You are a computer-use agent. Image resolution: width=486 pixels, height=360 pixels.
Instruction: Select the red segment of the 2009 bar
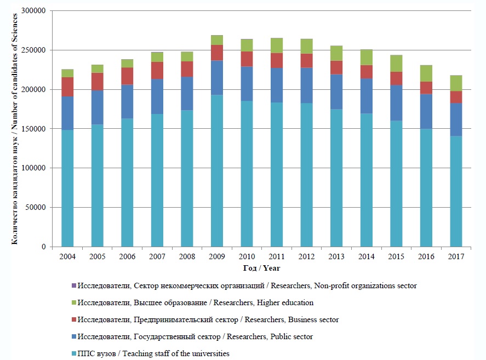point(217,53)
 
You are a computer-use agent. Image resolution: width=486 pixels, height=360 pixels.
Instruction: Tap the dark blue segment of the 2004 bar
point(67,113)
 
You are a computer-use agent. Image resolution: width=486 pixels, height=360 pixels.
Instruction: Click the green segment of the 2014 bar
point(366,58)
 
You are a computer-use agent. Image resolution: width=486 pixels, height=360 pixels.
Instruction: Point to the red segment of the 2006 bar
point(127,76)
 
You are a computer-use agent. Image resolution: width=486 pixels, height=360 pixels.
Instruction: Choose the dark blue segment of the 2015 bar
point(396,102)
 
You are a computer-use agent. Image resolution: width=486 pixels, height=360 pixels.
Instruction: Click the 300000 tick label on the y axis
point(33,11)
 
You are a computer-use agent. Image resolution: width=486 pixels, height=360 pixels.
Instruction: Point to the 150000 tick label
point(33,129)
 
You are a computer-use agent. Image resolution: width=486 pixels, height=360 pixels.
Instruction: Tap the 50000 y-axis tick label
point(35,208)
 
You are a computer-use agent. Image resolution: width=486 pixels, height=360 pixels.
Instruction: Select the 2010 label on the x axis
point(247,256)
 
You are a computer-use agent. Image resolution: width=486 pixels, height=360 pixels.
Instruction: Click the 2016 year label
point(426,256)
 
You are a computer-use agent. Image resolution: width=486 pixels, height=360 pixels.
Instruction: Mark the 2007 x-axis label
point(157,256)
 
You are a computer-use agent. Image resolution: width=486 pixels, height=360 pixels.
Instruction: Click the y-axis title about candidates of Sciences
point(15,128)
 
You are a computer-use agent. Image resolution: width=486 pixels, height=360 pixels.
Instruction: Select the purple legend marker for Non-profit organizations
point(74,285)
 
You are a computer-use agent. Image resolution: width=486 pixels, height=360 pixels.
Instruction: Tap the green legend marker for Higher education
point(74,302)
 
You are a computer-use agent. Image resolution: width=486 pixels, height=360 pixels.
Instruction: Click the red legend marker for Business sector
point(74,319)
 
